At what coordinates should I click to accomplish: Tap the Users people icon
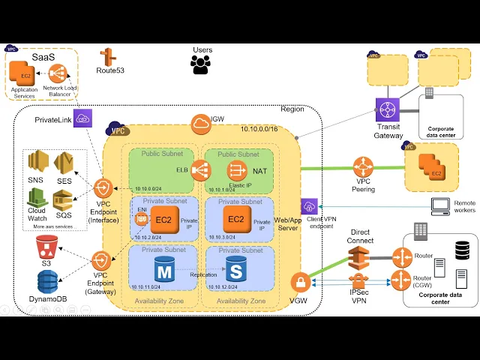(201, 65)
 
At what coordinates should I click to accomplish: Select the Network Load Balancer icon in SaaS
(58, 73)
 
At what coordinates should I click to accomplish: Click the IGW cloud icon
(201, 123)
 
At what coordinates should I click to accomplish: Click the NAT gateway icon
(238, 171)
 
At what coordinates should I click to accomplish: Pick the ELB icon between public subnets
(199, 170)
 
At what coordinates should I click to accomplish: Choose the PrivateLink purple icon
(82, 118)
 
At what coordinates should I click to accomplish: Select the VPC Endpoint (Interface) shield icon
(103, 188)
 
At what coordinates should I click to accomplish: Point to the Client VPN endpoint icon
(310, 206)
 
